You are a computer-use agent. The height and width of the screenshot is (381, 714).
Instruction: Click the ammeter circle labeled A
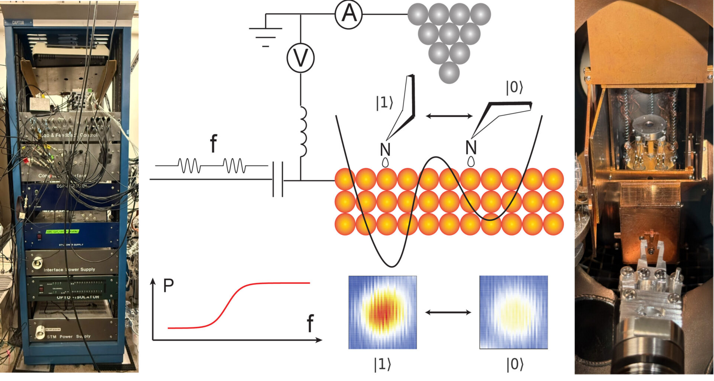348,14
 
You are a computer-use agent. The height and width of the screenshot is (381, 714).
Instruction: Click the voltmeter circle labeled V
300,58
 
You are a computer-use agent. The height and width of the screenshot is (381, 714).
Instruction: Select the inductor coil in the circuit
303,131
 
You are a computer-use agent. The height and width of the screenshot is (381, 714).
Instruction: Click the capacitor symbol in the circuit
278,179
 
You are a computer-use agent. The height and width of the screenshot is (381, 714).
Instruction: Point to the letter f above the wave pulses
213,144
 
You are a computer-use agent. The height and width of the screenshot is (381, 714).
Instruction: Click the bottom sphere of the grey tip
449,72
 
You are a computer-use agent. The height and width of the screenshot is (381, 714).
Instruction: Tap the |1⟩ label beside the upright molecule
384,103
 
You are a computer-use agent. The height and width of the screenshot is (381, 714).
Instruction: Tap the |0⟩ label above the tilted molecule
515,87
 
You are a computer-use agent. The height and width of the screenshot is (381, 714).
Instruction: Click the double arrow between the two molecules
449,116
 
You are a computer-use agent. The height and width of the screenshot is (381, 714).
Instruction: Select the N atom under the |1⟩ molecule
385,150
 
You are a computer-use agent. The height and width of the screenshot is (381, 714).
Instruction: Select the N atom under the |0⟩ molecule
471,147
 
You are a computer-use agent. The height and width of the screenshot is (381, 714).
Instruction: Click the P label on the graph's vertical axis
168,286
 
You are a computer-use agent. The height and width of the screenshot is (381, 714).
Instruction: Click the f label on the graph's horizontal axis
310,323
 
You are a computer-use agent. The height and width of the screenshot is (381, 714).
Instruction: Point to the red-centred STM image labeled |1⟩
382,312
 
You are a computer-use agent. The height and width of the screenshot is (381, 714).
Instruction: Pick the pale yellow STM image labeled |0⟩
514,312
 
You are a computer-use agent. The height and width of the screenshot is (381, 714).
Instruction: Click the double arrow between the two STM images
448,312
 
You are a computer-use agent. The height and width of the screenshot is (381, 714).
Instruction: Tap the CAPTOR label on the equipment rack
18,23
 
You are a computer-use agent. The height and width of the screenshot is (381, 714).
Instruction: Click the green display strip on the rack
62,232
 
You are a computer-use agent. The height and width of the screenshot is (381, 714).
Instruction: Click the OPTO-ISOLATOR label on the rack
78,297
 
